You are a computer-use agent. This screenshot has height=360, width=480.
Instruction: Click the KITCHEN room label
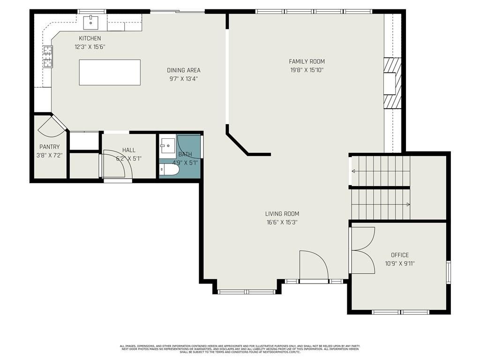tap(90, 38)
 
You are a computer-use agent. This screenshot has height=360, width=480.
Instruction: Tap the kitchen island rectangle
tap(110, 72)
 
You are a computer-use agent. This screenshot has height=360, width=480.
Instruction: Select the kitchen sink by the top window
tap(90, 22)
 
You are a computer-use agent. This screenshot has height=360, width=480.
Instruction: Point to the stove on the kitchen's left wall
tap(48, 56)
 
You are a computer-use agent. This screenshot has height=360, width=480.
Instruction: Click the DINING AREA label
tap(184, 70)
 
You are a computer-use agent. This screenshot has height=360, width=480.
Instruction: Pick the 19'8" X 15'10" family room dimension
tap(307, 70)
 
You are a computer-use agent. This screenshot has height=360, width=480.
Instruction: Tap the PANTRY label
tap(50, 147)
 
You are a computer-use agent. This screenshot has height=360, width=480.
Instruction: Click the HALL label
tap(129, 150)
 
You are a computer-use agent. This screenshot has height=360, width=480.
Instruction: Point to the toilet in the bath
tap(169, 170)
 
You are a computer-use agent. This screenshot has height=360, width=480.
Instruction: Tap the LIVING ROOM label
tap(282, 214)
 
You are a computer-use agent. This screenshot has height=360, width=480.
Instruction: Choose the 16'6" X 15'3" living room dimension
tap(282, 222)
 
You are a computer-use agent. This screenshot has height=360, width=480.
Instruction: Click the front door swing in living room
tap(313, 265)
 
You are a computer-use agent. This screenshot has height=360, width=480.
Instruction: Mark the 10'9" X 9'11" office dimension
tap(400, 263)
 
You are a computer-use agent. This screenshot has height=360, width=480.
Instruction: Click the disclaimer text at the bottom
tap(240, 349)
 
